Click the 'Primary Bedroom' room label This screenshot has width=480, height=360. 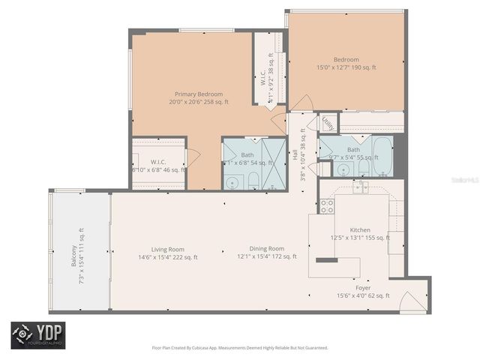tap(190, 94)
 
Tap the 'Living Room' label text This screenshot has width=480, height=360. tap(146, 248)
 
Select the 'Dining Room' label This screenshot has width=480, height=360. tap(267, 248)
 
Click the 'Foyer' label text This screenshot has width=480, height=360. tap(362, 287)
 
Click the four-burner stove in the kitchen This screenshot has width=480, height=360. tap(326, 205)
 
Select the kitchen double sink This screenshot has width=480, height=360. tap(361, 187)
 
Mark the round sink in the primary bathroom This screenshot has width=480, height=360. tap(232, 181)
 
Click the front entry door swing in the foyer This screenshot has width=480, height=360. tap(411, 301)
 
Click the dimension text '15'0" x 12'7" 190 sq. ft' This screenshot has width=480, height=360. tap(346, 67)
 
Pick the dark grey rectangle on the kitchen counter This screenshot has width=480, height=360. tap(326, 260)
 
